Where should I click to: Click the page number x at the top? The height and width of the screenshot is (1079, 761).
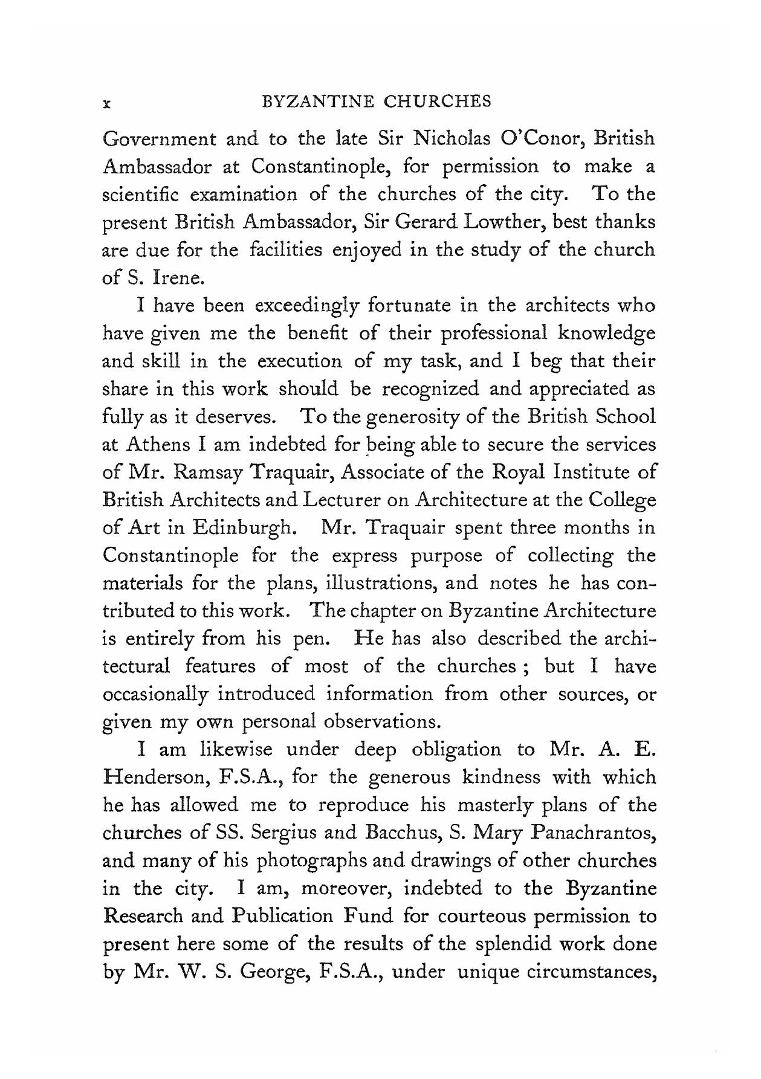click(106, 104)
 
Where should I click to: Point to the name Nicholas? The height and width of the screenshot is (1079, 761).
click(451, 138)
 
